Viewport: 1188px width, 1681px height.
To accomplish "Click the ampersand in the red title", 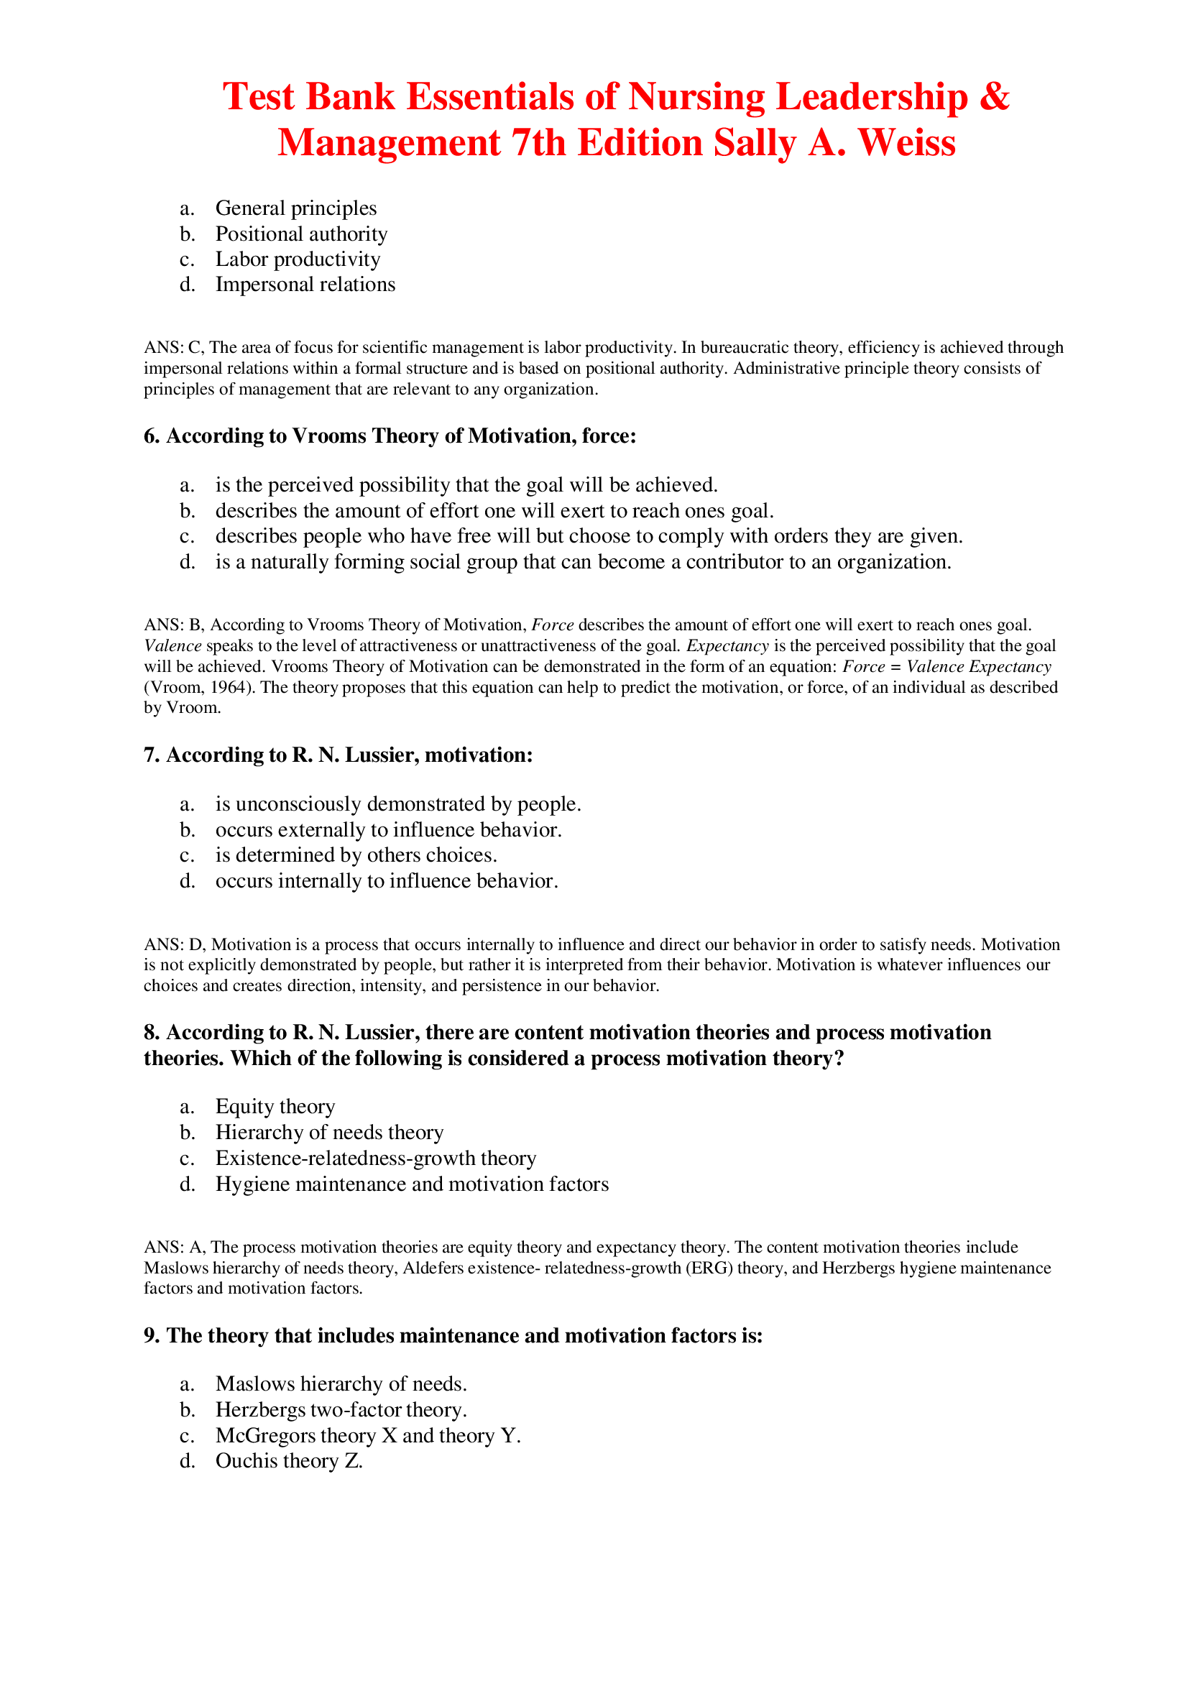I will [x=994, y=96].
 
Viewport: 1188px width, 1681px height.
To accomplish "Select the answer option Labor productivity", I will [x=298, y=259].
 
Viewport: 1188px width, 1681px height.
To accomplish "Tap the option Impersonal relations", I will [x=305, y=284].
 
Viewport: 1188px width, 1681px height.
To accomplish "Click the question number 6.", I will [x=151, y=436].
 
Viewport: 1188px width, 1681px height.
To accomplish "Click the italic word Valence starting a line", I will [x=172, y=646].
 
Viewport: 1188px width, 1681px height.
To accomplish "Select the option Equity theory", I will [x=275, y=1106].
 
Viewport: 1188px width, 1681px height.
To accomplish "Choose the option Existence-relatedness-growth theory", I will [x=375, y=1159].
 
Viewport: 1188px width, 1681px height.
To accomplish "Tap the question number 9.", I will [x=151, y=1336].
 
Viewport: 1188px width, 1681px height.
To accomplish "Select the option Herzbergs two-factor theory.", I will [x=341, y=1410].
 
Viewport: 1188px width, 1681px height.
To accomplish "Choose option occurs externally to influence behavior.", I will [x=388, y=829].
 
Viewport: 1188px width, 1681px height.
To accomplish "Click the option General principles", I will [x=295, y=208].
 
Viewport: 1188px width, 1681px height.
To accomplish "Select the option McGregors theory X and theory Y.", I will [x=367, y=1436].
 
